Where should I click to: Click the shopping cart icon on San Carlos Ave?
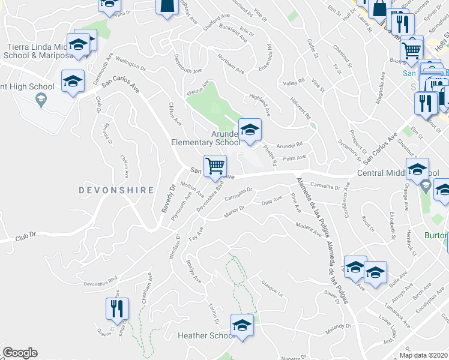214,165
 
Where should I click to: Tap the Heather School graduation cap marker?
242,325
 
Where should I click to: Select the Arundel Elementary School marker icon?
250,128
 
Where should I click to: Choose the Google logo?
20,353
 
